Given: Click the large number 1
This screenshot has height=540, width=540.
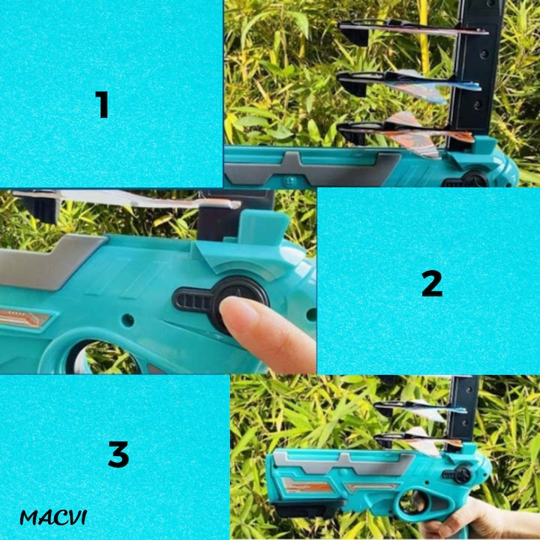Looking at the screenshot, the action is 102,105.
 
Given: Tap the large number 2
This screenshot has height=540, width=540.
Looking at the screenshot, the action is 432,283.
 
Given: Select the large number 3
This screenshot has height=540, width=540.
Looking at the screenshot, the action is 118,454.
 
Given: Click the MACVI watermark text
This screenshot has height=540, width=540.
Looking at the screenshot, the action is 53,517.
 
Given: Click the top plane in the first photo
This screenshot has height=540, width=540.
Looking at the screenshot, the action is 412,29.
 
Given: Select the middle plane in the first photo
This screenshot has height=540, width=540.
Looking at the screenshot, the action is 409,84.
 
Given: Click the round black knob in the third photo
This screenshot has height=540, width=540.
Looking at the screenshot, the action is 463,475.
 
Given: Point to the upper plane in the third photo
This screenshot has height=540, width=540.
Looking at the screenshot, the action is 421,409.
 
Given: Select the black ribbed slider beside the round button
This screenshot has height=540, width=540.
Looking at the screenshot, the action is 192,299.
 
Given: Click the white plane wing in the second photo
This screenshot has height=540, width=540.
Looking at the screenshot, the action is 130,199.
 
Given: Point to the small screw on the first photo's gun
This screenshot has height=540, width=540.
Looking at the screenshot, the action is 289,180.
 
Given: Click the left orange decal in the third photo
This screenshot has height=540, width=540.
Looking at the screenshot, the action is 306,484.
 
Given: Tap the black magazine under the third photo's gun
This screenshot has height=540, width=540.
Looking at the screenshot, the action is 307,509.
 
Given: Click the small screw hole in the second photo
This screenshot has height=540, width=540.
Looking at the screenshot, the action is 127,320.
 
